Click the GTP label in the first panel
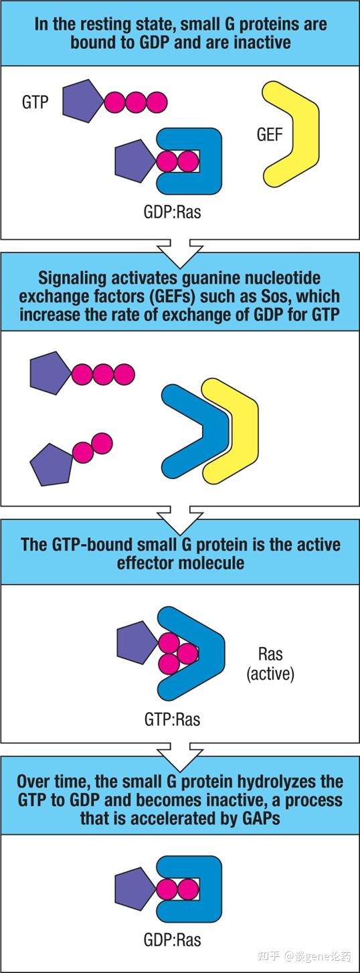[35, 102]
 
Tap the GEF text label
[270, 135]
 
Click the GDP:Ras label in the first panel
[173, 212]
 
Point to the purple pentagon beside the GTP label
[82, 101]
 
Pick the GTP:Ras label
[173, 719]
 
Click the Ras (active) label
[270, 663]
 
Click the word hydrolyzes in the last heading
[257, 782]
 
